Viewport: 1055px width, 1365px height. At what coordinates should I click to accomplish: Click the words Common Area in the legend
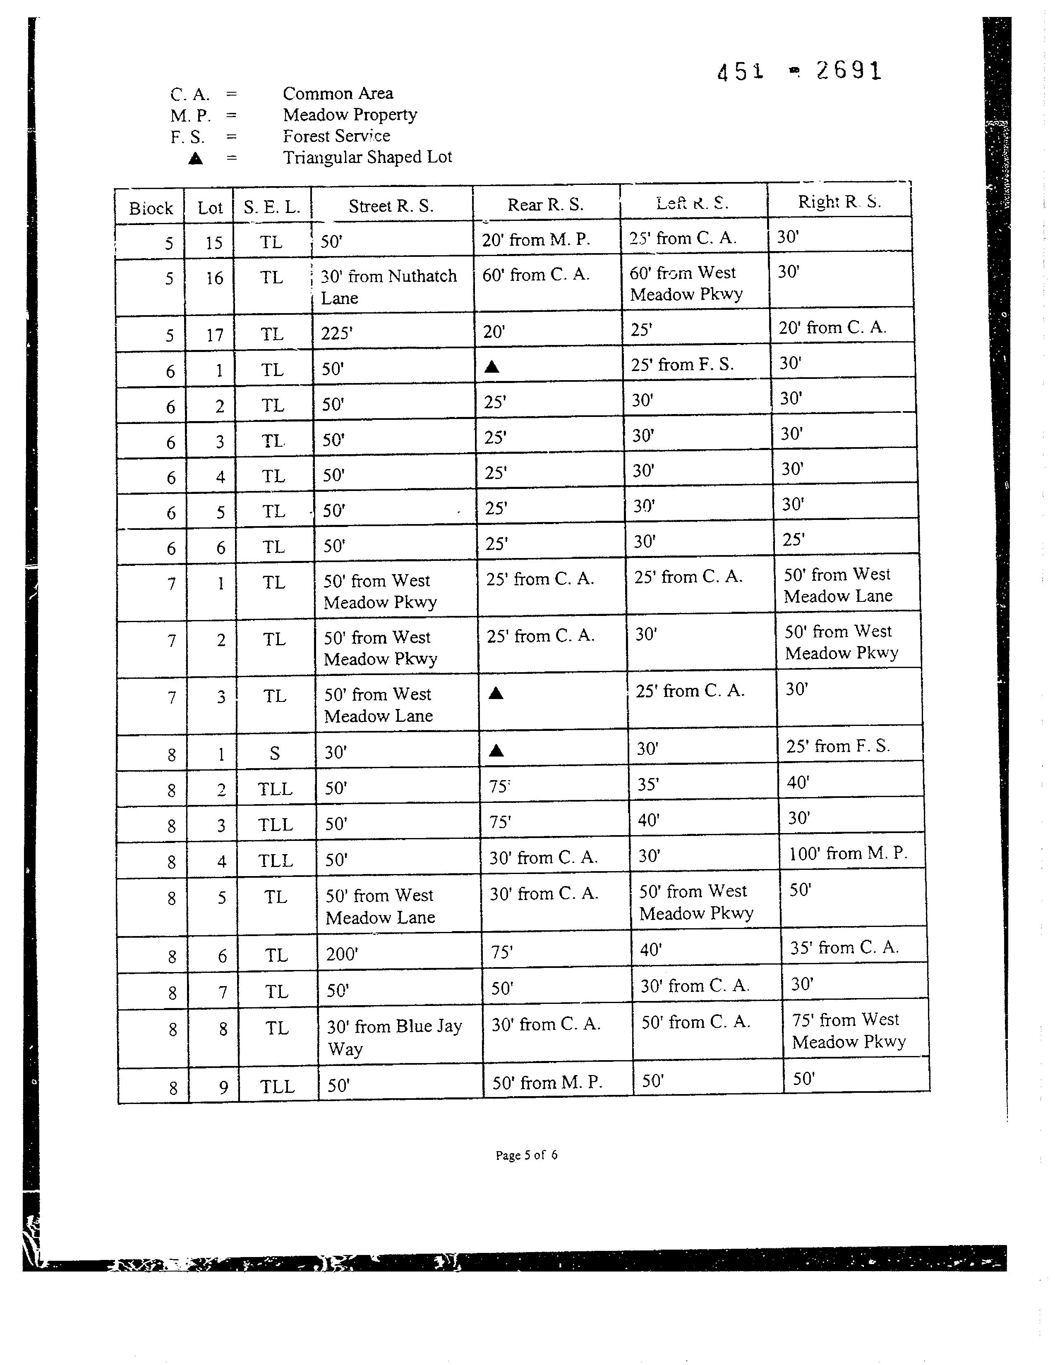click(338, 94)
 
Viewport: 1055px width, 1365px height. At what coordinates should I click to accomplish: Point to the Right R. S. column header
click(839, 202)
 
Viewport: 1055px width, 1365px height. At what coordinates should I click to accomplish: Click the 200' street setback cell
click(342, 954)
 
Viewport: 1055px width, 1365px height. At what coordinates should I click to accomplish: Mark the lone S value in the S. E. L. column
click(274, 753)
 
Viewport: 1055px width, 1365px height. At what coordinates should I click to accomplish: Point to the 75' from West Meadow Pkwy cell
click(848, 1031)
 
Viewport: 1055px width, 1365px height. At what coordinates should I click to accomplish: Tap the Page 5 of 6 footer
click(526, 1155)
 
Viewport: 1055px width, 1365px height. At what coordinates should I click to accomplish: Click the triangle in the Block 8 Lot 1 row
click(496, 751)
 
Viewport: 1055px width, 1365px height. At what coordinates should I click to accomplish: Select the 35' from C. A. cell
click(844, 948)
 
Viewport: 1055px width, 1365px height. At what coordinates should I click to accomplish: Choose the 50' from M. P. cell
click(547, 1082)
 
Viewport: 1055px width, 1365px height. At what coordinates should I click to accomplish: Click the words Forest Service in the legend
click(336, 136)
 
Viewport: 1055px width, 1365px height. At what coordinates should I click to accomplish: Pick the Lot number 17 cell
click(214, 335)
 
